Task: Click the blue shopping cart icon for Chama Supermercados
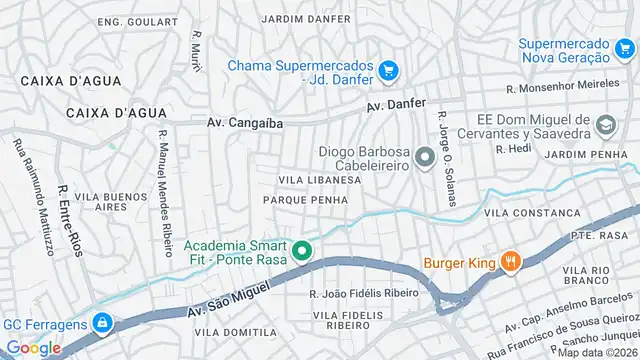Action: coord(389,71)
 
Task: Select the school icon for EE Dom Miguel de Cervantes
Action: coord(605,125)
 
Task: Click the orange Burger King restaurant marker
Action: coord(510,262)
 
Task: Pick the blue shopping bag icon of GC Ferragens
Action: coord(100,323)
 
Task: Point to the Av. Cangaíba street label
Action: coord(245,123)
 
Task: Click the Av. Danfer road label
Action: coord(396,105)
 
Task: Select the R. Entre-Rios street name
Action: coord(69,220)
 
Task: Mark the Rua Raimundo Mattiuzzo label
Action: coord(32,196)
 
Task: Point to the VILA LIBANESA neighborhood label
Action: coord(318,180)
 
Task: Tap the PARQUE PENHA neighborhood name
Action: coord(305,200)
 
